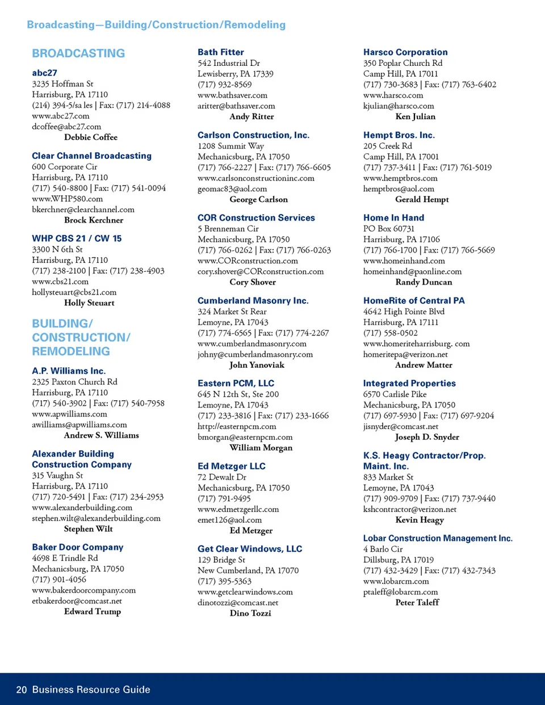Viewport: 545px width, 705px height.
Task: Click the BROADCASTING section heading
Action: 78,53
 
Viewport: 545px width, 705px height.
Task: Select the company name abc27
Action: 44,73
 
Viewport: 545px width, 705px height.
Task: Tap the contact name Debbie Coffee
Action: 91,137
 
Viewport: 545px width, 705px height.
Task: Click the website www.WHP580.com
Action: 67,199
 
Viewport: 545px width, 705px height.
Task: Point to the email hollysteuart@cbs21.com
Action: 74,292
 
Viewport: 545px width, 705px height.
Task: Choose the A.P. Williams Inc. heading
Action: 69,371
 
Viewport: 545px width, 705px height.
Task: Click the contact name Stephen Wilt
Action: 88,529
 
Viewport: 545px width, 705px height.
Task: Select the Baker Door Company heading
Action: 77,547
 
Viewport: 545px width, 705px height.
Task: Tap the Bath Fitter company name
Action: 221,52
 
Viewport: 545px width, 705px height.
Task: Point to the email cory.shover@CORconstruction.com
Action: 261,271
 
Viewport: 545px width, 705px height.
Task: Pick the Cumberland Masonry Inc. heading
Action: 253,301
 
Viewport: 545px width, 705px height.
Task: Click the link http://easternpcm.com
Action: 237,426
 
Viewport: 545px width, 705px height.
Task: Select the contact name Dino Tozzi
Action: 250,613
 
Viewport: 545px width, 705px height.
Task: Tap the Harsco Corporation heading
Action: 405,52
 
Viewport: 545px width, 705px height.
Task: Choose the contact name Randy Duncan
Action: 424,282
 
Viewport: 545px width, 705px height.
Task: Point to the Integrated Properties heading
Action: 409,384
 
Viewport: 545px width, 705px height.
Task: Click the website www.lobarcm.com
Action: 396,581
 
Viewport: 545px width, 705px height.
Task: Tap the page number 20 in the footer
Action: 22,690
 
